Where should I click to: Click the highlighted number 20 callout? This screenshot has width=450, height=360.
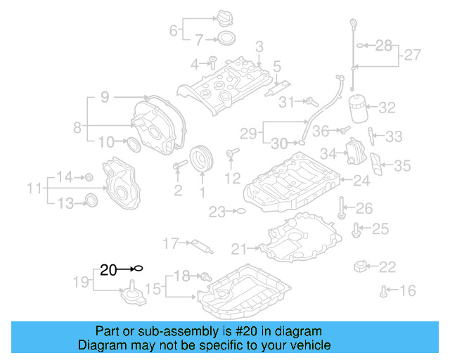[108, 269]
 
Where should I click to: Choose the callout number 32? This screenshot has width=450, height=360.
[387, 108]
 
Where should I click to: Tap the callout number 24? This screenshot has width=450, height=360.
[361, 181]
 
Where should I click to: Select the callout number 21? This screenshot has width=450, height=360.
[239, 248]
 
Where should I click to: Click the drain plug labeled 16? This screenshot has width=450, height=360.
[383, 290]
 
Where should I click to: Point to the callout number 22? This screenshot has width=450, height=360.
[387, 267]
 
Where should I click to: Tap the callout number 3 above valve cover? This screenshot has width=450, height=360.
[259, 46]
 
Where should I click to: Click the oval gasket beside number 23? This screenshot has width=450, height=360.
[239, 211]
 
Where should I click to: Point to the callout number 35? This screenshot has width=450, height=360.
[401, 166]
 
